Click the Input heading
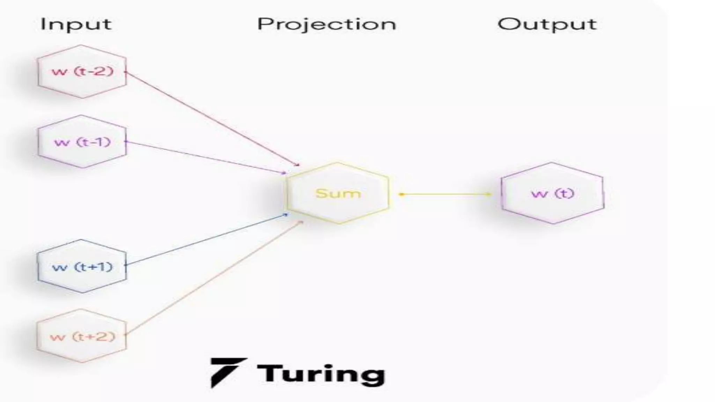click(76, 24)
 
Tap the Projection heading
click(326, 24)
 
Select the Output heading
click(547, 24)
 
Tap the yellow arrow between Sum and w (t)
click(445, 194)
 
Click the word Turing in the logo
click(320, 374)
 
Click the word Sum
click(338, 193)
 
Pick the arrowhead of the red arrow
click(298, 165)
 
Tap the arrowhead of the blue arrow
click(286, 215)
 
